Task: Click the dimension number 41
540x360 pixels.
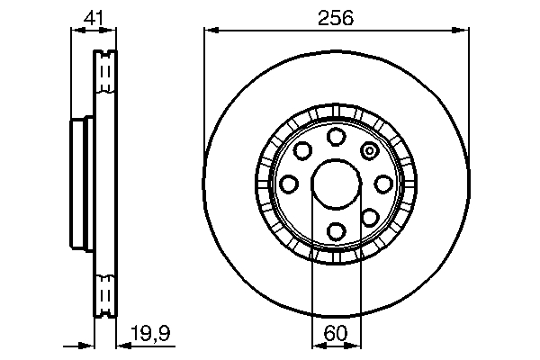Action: (93, 17)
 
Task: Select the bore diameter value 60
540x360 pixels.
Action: (336, 333)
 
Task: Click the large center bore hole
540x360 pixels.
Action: (337, 184)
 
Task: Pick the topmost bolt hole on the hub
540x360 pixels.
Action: (337, 137)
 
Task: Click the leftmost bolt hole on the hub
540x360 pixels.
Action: (289, 184)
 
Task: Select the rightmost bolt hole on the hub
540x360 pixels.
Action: (383, 184)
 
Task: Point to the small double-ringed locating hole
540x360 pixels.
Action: (369, 151)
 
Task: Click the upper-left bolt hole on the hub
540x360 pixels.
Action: (303, 150)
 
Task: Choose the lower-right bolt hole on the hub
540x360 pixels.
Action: (370, 217)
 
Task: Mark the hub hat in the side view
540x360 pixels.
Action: (80, 184)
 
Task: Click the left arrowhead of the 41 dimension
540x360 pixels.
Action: (76, 30)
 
